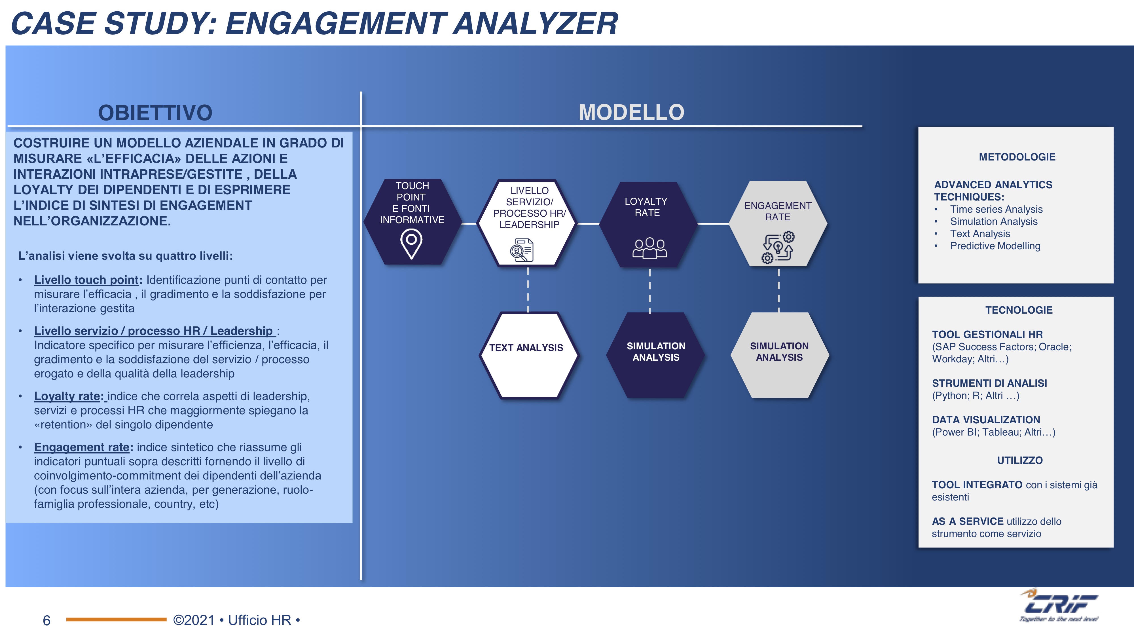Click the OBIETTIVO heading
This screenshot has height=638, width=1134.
pyautogui.click(x=155, y=113)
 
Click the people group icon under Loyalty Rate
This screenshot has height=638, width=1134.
pyautogui.click(x=650, y=248)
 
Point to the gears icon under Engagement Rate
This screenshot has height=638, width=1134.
pyautogui.click(x=778, y=248)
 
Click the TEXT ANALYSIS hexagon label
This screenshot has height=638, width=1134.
pyautogui.click(x=526, y=348)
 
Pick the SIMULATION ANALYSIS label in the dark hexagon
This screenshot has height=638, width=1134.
pyautogui.click(x=656, y=352)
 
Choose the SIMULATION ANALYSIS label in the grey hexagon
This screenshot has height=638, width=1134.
pyautogui.click(x=779, y=352)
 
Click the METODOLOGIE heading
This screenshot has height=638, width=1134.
pyautogui.click(x=1017, y=157)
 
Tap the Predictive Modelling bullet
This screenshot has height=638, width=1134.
pyautogui.click(x=995, y=246)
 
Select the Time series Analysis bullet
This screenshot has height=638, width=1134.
pyautogui.click(x=996, y=209)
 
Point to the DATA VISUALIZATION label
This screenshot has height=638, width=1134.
pyautogui.click(x=986, y=420)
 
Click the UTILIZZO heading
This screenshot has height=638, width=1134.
pyautogui.click(x=1019, y=460)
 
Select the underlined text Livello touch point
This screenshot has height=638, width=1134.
pyautogui.click(x=86, y=280)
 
